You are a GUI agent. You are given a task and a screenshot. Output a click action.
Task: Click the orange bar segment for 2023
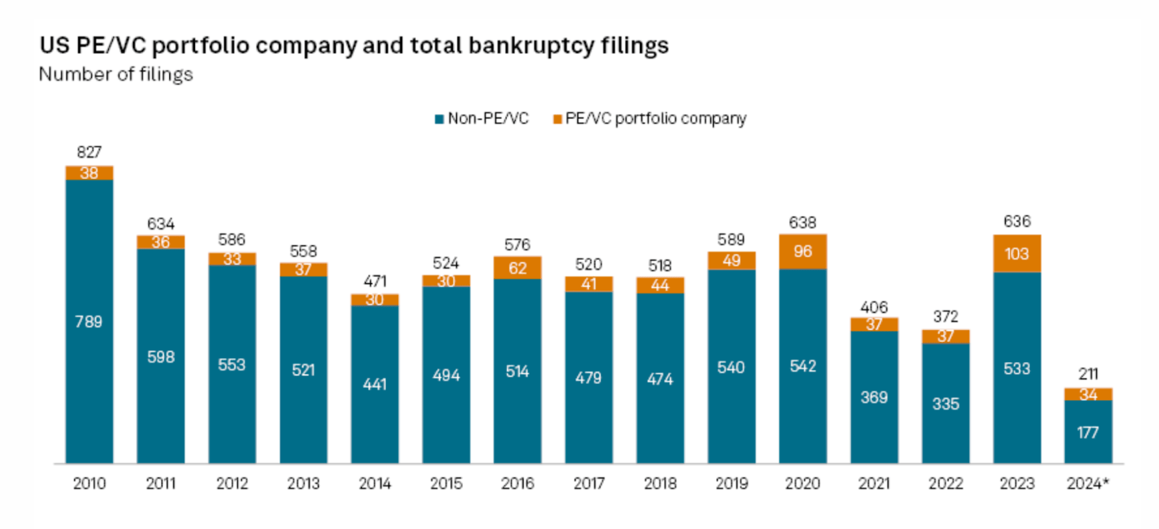(1017, 253)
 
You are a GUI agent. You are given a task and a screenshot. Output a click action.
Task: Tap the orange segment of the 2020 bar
(802, 251)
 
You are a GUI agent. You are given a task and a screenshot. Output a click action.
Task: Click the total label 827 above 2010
(89, 152)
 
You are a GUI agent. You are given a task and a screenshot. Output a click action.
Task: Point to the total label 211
(1088, 374)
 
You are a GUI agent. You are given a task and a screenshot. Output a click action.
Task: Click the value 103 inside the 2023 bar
(1017, 253)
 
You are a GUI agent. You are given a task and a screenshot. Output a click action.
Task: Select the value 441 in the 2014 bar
(375, 384)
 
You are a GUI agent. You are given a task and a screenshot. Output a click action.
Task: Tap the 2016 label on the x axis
(517, 485)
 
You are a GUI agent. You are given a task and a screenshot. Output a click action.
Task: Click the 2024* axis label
(1088, 485)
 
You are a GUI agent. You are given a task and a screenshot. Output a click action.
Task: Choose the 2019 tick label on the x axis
(732, 485)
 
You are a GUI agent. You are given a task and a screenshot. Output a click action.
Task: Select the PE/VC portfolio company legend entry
(649, 119)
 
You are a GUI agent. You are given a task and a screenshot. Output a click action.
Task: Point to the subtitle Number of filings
(116, 74)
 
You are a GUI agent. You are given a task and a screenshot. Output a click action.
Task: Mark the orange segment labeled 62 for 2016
(517, 268)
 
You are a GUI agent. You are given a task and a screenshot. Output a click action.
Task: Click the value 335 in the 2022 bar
(945, 403)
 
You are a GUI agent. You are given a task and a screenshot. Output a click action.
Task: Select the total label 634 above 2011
(160, 223)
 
